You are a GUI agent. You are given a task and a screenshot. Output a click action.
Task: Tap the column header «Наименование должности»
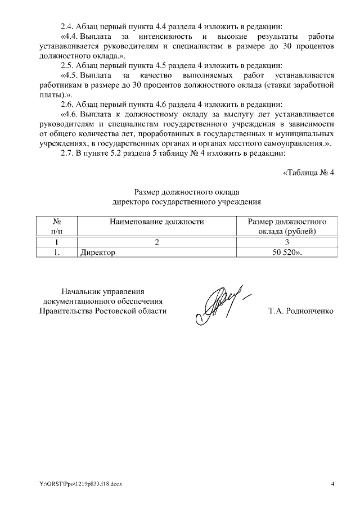tap(156, 222)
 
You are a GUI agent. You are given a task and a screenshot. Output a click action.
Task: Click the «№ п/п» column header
tap(56, 226)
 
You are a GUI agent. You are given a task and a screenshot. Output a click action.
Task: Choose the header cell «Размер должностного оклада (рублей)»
tap(287, 226)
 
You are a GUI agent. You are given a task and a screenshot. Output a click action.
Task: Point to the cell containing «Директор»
tap(98, 253)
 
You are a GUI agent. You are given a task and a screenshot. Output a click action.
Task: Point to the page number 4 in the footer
tap(332, 484)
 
